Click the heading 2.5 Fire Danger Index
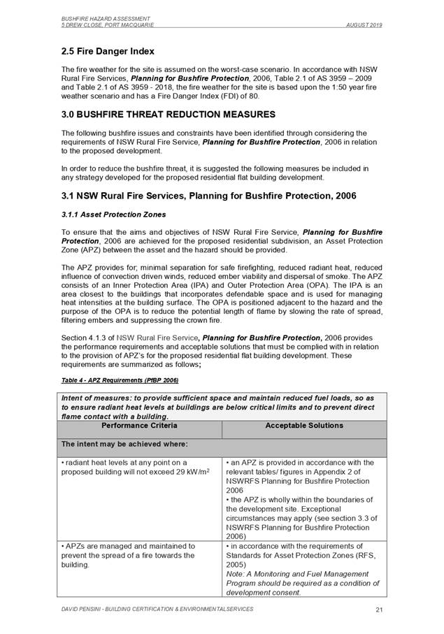coord(108,52)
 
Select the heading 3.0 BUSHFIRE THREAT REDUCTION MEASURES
coord(159,114)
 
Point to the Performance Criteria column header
coord(139,426)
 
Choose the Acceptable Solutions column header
coord(303,426)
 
